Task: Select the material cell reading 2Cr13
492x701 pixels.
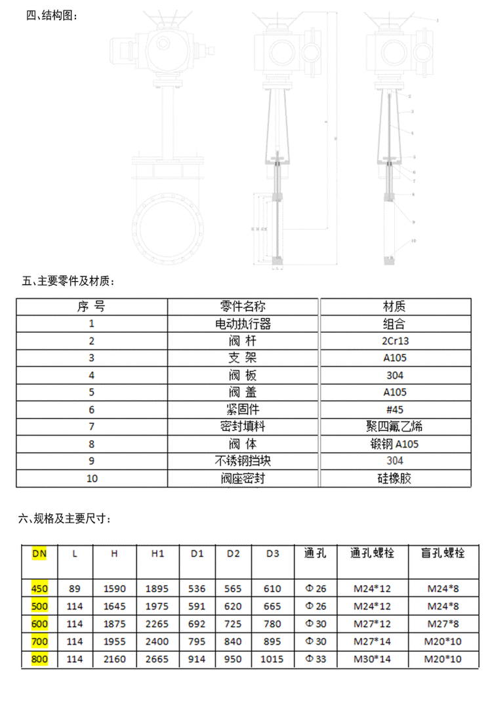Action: tap(394, 341)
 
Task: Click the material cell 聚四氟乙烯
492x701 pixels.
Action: tap(394, 426)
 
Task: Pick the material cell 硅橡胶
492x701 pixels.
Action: tap(394, 478)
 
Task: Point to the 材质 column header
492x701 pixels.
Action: tap(394, 306)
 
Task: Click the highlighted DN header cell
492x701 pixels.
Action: tap(39, 553)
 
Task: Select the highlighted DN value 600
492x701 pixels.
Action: tap(39, 624)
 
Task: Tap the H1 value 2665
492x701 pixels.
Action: tap(157, 659)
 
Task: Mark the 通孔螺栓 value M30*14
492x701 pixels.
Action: tap(372, 659)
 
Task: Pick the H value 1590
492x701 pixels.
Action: tap(114, 588)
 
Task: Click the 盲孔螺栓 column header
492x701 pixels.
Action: tap(443, 553)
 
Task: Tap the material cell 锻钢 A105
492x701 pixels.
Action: tap(394, 444)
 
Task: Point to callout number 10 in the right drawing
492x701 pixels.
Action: tap(413, 240)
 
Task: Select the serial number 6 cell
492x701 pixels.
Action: tap(92, 409)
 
